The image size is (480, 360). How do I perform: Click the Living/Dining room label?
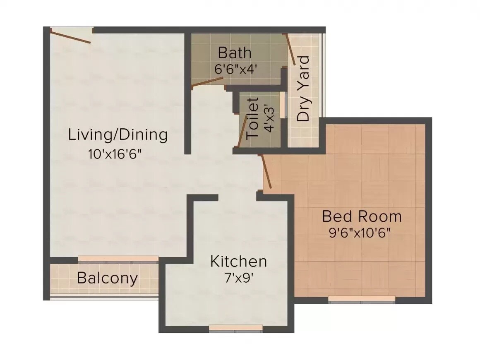pos(118,135)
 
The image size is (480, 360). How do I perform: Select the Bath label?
pos(234,53)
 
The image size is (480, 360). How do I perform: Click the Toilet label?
pos(252,118)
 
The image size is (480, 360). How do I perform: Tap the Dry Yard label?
pos(303,89)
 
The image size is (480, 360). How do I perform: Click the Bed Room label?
pos(362,216)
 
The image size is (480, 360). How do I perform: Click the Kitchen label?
pos(238,262)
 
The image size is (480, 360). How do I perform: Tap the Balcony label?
pos(107,278)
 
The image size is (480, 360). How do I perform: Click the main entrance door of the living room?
pos(70,36)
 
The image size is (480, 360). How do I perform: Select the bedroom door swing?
pos(265,172)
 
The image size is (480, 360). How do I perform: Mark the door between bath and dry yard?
pos(291,50)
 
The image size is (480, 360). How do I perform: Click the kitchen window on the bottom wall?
pos(236,328)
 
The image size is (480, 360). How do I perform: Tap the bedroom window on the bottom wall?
pos(362,299)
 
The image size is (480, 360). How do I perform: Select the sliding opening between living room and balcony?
pos(118,259)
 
